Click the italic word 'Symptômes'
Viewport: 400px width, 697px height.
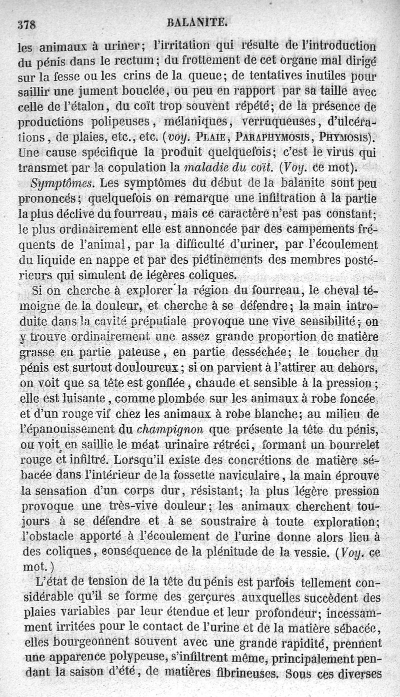point(48,184)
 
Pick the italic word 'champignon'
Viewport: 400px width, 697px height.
point(170,429)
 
